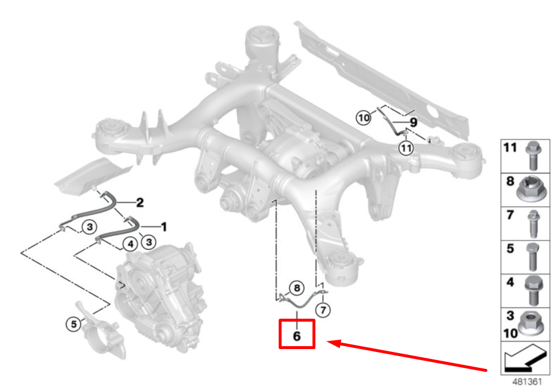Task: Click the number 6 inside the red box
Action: click(x=297, y=336)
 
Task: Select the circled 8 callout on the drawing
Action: click(x=296, y=288)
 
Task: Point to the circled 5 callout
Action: click(x=73, y=323)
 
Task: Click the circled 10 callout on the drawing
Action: click(x=363, y=118)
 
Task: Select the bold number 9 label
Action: click(x=413, y=123)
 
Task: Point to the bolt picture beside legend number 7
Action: click(x=532, y=222)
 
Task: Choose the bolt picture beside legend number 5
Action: click(x=532, y=256)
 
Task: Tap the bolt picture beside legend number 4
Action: click(x=532, y=290)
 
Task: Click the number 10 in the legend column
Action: click(x=511, y=333)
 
